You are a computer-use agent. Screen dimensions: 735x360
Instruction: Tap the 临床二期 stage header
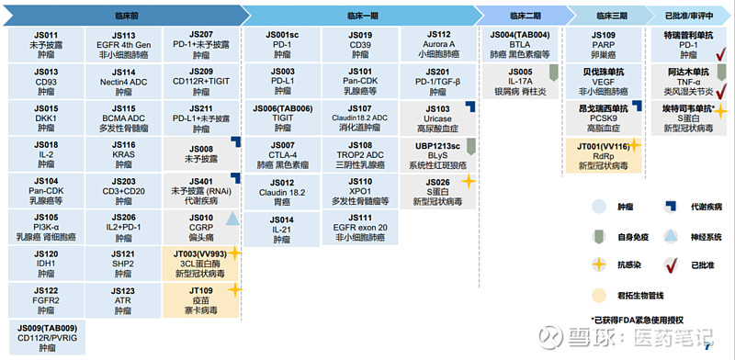(x=520, y=16)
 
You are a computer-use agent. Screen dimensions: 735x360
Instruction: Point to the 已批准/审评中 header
(x=690, y=16)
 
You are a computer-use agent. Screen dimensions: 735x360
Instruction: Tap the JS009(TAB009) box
(x=46, y=338)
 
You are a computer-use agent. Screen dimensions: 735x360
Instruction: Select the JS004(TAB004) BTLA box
(x=520, y=45)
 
